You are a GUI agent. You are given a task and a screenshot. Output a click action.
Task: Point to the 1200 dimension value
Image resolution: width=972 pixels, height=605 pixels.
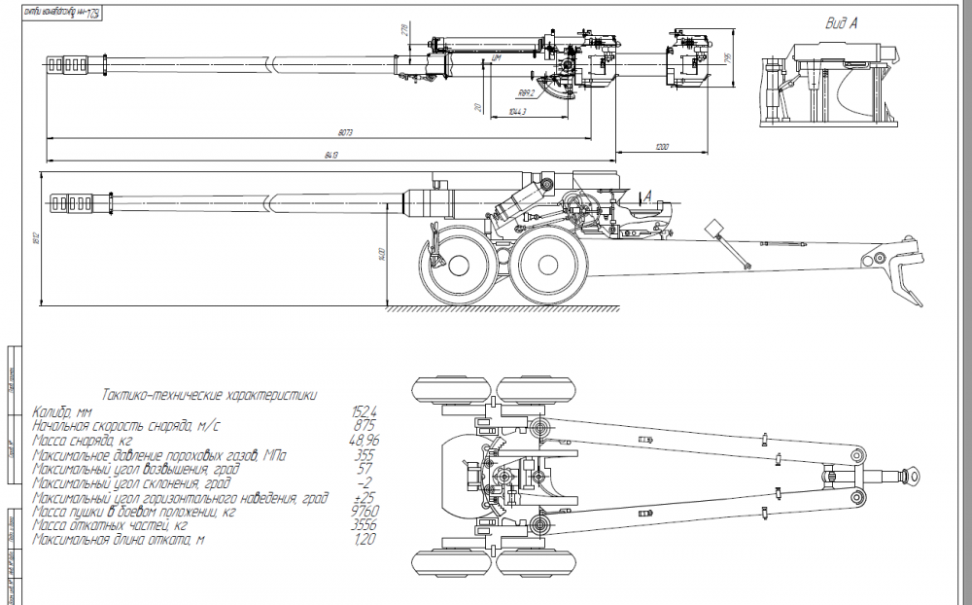point(661,147)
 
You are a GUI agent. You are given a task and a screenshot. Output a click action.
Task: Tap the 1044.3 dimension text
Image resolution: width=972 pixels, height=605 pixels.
point(517,113)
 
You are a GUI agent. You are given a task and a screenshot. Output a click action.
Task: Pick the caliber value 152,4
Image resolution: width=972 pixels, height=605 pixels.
point(364,413)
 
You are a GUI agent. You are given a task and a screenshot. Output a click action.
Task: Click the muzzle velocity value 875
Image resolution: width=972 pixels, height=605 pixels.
point(364,427)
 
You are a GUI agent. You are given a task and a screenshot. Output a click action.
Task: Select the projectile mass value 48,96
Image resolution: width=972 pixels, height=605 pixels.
point(364,441)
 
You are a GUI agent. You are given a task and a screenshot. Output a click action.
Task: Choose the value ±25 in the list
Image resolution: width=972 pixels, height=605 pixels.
point(364,497)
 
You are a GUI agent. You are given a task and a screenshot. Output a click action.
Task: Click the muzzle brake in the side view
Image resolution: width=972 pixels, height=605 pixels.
point(73,202)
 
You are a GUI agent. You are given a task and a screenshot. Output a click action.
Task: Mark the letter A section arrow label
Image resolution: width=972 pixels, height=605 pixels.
point(645,196)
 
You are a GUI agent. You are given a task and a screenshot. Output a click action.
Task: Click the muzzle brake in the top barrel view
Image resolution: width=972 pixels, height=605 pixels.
point(74,64)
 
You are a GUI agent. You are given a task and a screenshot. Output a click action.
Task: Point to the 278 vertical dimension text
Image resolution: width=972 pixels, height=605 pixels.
point(404,31)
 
